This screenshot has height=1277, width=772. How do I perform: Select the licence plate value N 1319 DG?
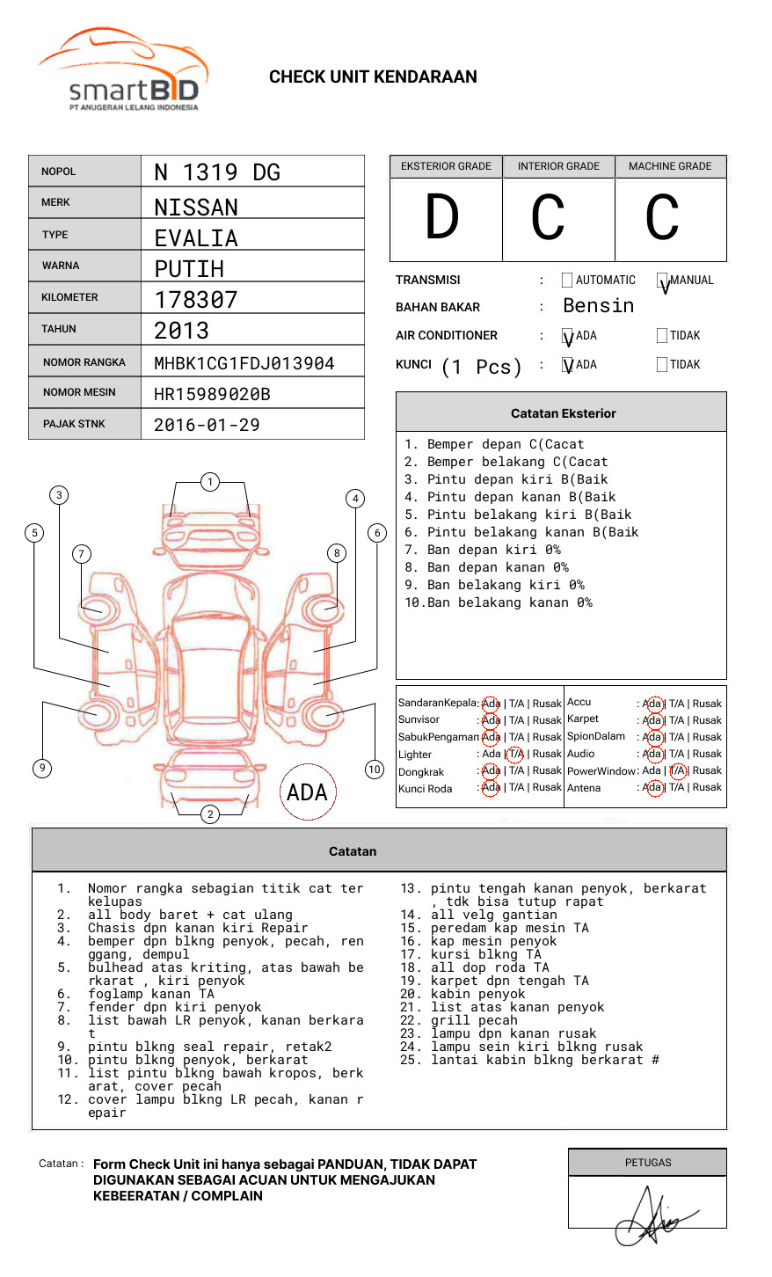click(x=217, y=172)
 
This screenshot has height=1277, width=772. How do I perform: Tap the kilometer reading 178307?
click(x=196, y=300)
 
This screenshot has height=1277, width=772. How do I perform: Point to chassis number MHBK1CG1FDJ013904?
click(x=244, y=363)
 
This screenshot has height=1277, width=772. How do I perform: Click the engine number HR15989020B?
click(x=212, y=394)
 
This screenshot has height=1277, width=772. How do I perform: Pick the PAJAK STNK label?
click(x=74, y=424)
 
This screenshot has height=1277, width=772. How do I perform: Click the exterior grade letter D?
click(x=442, y=218)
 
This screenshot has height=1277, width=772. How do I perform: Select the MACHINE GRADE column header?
click(x=670, y=166)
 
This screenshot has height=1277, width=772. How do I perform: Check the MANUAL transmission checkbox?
click(x=662, y=281)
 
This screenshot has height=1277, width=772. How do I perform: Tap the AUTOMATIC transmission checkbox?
click(x=567, y=281)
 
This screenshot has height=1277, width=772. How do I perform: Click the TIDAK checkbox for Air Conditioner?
click(x=662, y=336)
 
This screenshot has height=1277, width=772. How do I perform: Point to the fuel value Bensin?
click(x=598, y=306)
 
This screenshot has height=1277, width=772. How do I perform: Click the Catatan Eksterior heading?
click(x=563, y=413)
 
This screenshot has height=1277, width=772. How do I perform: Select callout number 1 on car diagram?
click(x=209, y=482)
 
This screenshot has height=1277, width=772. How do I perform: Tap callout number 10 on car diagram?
click(x=375, y=770)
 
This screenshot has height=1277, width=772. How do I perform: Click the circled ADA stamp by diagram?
click(x=307, y=792)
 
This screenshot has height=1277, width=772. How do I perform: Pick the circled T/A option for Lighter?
click(x=515, y=754)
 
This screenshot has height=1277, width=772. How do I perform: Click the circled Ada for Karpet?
click(x=652, y=720)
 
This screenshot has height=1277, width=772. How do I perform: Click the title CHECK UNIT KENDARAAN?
click(x=373, y=77)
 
